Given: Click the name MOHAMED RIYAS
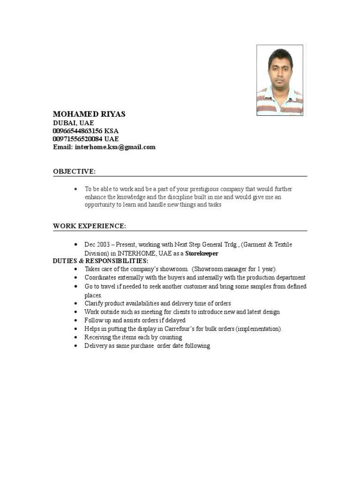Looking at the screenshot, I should point(89,114).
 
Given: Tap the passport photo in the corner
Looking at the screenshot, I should point(279,80).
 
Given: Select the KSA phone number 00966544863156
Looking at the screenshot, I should point(78,131).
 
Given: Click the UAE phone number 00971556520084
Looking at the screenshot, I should point(78,139).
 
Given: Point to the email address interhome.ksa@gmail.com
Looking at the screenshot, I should point(115,147).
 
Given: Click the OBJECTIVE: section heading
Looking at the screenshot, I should point(74,172).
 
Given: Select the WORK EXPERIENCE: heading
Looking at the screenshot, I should point(89,226).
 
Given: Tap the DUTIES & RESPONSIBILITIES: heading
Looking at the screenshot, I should point(100,261).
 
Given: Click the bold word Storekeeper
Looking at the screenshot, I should point(202,253).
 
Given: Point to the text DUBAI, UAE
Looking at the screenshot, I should point(73,123).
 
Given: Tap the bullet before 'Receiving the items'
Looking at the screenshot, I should point(76,337).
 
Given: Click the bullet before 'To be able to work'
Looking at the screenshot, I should point(76,189).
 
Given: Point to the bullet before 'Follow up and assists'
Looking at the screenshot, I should point(76,321).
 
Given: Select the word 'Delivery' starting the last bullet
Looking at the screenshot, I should point(96,345).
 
